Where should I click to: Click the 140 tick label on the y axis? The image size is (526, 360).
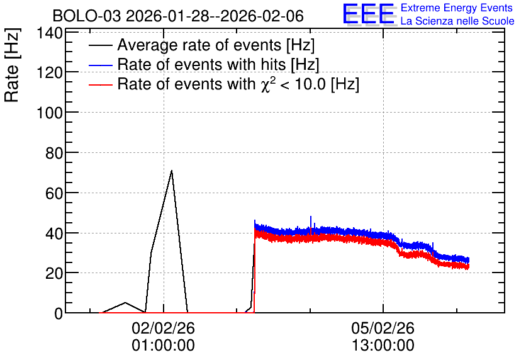[50, 33]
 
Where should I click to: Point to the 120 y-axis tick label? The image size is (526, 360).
[50, 73]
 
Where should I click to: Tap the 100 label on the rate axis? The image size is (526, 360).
[50, 113]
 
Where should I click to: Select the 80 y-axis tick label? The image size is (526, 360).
[54, 154]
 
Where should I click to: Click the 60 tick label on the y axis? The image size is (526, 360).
[54, 194]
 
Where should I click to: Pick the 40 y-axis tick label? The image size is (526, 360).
[54, 233]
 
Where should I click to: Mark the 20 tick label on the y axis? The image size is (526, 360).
[54, 274]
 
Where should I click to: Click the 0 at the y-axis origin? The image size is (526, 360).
[59, 313]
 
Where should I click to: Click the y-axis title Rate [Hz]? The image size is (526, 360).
[12, 65]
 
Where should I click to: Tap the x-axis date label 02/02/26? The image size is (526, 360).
[164, 328]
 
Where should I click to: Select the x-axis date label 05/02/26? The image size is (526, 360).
[383, 328]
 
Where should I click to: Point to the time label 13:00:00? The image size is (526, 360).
[383, 346]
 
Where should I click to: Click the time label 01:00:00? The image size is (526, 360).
[164, 346]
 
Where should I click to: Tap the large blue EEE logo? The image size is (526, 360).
[369, 14]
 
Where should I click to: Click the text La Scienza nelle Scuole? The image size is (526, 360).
[457, 21]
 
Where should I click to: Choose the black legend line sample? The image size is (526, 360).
[101, 45]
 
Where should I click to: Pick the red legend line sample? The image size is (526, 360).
[101, 85]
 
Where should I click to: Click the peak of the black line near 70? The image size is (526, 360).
[171, 171]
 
